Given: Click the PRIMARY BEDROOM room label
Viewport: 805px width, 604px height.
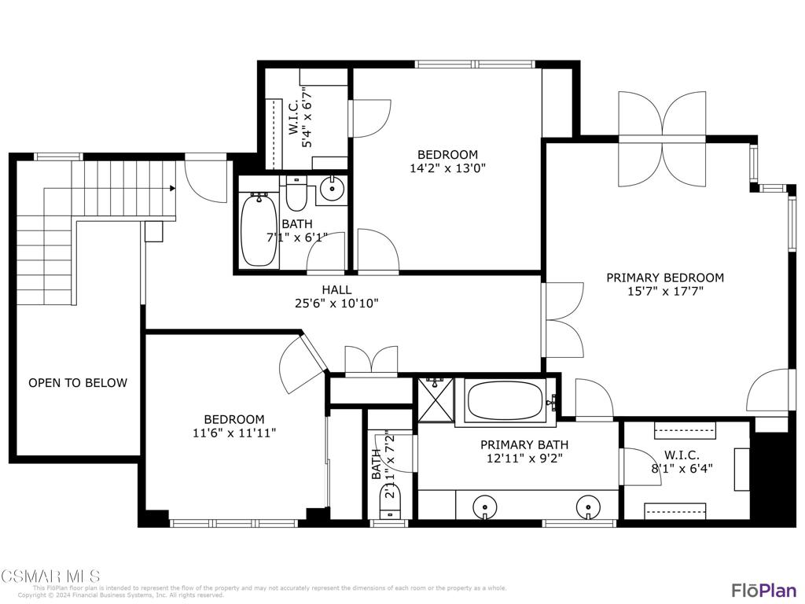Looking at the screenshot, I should click(x=664, y=278).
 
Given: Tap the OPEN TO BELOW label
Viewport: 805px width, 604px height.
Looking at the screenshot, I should click(x=78, y=383).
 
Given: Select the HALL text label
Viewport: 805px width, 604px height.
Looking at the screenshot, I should click(x=336, y=289).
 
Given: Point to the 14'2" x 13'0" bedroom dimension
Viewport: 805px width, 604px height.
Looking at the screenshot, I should click(x=447, y=168).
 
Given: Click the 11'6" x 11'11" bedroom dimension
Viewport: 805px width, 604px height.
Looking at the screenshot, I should click(x=234, y=433).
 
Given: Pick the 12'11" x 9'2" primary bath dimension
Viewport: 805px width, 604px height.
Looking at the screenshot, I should click(x=521, y=458).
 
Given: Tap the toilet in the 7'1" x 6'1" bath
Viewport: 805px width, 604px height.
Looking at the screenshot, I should click(x=296, y=194).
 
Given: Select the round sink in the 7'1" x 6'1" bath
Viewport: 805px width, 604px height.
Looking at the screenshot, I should click(x=333, y=189).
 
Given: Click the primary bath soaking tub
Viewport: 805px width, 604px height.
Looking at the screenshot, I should click(x=505, y=401).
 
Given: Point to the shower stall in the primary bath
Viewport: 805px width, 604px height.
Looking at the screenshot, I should click(x=435, y=400).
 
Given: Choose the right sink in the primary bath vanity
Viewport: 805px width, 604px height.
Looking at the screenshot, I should click(x=588, y=506).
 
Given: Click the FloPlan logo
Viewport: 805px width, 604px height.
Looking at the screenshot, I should click(x=763, y=590).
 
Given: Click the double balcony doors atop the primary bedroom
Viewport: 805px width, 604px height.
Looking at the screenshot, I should click(x=662, y=139).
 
